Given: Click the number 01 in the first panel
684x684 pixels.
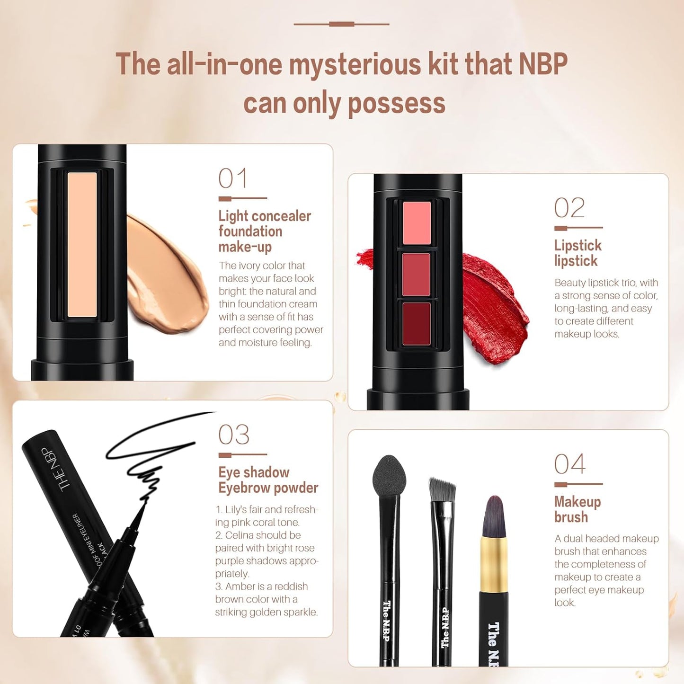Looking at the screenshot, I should (x=233, y=178).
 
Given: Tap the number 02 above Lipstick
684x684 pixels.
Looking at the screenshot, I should (x=569, y=208).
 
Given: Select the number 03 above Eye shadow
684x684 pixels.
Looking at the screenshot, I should (x=234, y=435).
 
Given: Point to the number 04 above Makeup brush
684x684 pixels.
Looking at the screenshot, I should (x=570, y=464).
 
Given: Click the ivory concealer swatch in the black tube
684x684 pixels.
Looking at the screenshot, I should (x=82, y=244).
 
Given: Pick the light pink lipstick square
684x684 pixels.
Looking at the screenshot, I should (x=417, y=222).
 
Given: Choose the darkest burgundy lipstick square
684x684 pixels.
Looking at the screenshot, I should (x=417, y=324).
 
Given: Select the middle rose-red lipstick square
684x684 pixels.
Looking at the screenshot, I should (x=417, y=275).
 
